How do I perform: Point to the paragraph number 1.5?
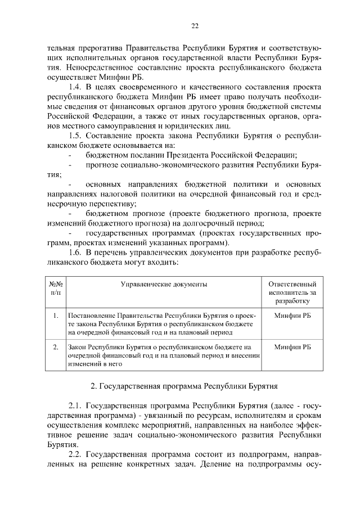point(75,136)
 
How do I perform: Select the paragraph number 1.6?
point(75,253)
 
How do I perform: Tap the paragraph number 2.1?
point(76,405)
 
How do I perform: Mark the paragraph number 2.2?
point(76,454)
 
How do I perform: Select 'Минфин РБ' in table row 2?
point(292,347)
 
